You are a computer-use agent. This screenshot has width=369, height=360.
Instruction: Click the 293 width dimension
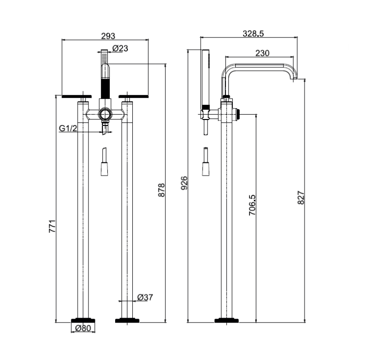[x=108, y=36]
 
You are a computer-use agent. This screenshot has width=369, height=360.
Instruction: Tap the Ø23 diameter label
[x=120, y=48]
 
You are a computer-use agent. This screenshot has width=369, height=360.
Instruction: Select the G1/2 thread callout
[x=68, y=128]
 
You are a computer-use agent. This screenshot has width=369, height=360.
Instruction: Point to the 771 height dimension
[x=52, y=226]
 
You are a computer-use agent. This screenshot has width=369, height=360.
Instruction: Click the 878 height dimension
[x=161, y=190]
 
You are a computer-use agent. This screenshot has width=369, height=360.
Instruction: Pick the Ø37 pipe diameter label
[x=145, y=297]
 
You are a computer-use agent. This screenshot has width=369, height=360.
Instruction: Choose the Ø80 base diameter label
[x=83, y=328]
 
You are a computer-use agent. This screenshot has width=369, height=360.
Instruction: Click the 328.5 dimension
[x=253, y=33]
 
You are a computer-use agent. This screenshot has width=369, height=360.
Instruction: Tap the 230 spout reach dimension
[x=262, y=53]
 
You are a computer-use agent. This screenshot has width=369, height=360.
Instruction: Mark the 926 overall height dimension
[x=184, y=183]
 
